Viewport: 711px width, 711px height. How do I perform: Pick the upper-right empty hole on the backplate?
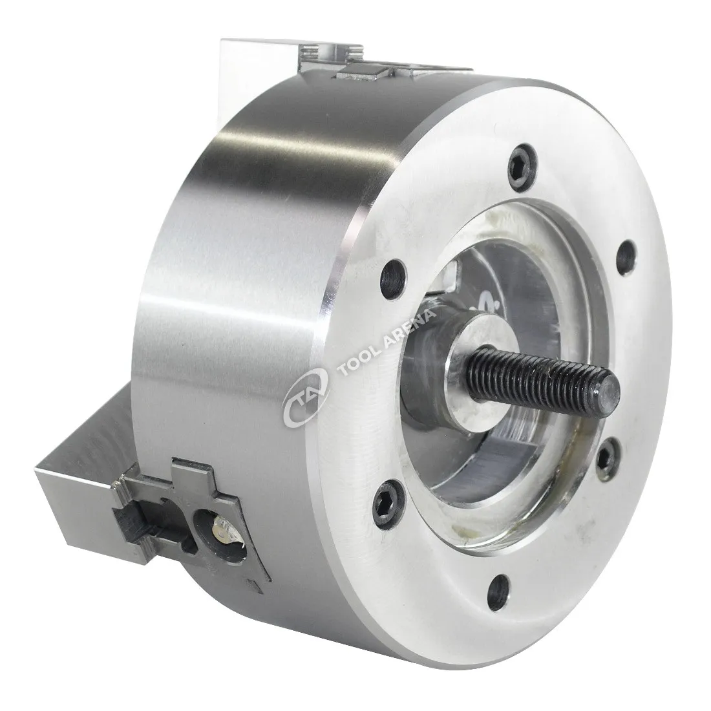click(x=628, y=256)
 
